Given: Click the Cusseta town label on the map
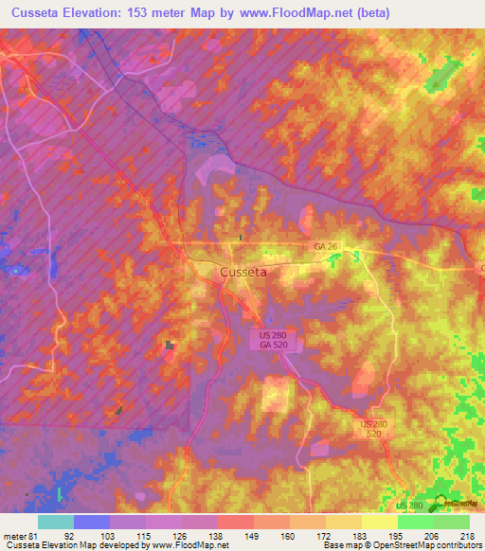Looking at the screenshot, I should [242, 272].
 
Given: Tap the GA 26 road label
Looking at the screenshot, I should [326, 246].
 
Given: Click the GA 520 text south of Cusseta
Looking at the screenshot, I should [274, 346].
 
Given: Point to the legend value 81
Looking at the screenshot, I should [35, 535].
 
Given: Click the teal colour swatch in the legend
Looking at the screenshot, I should [56, 522].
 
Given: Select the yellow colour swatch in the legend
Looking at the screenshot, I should [379, 522].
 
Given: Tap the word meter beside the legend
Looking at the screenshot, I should [15, 535].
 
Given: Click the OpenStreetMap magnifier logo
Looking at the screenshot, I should [440, 504].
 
